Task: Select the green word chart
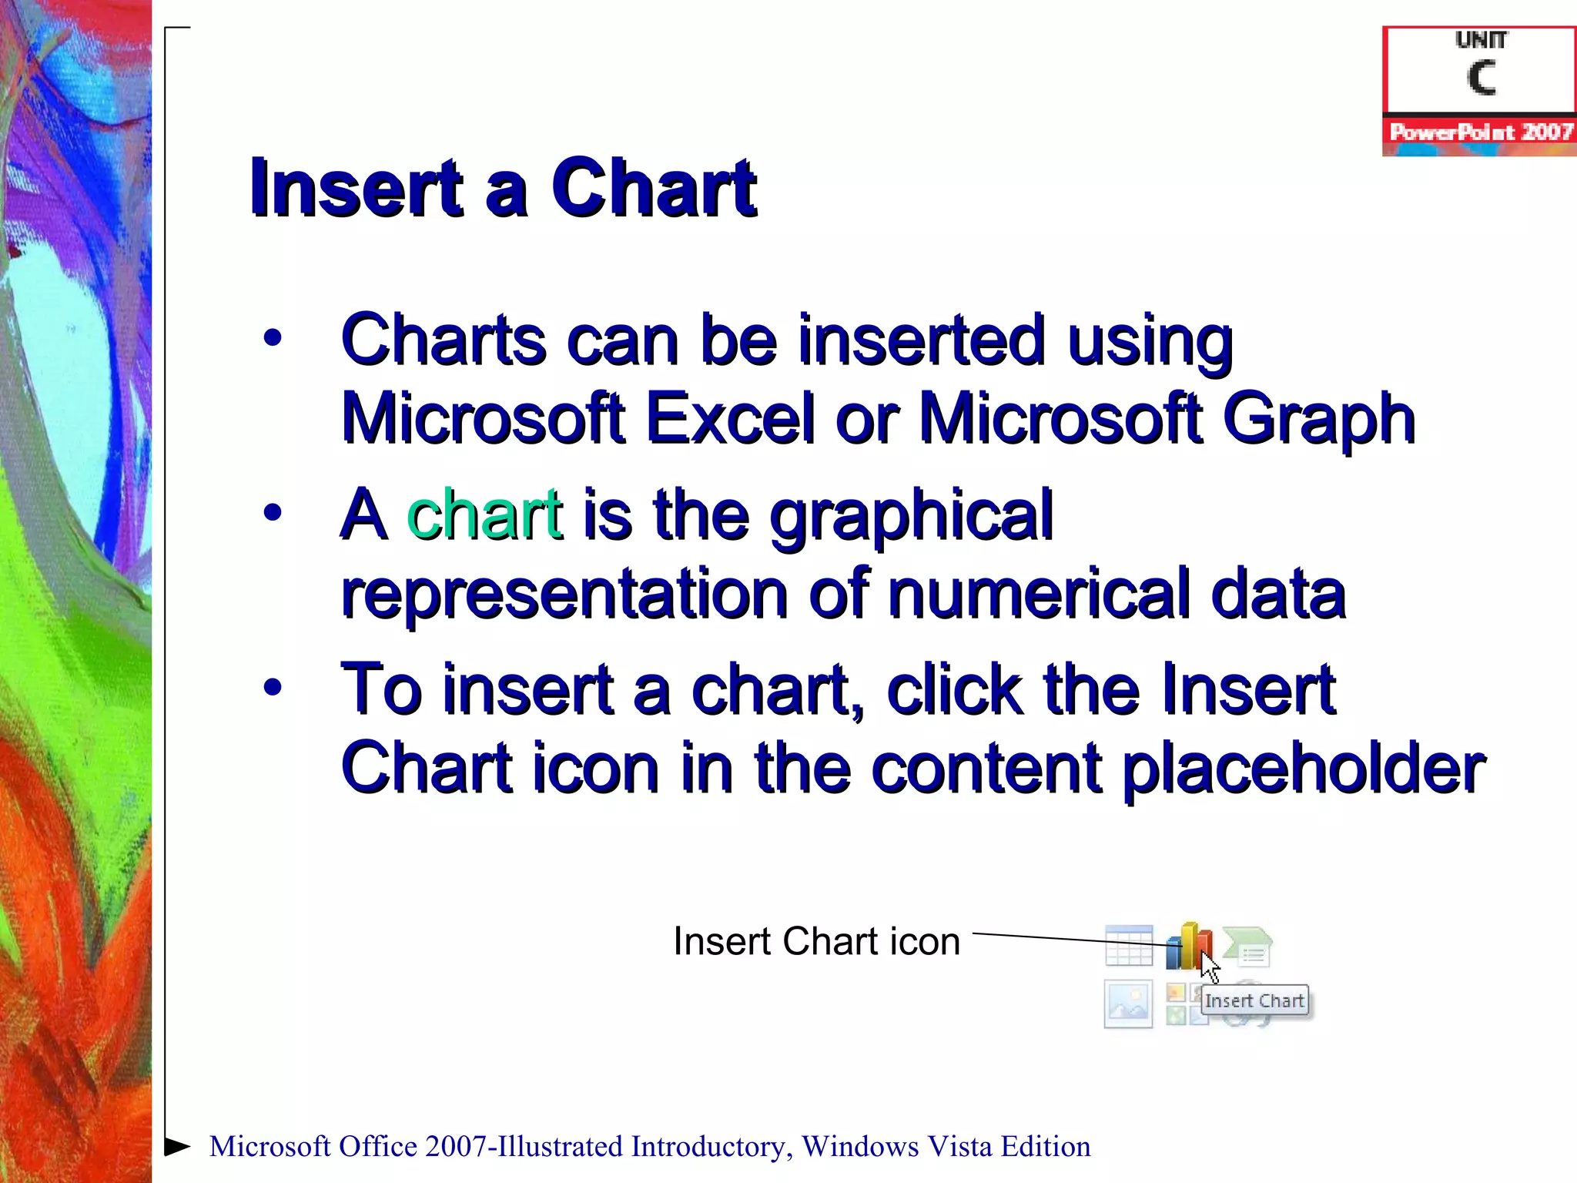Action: (484, 514)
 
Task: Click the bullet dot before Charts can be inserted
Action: (272, 337)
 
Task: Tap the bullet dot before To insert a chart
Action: (272, 686)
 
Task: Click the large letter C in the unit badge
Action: (1480, 78)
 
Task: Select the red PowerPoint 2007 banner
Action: (1479, 132)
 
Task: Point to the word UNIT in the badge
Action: (1480, 40)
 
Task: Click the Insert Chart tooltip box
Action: (1254, 1000)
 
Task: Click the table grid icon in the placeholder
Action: (1129, 945)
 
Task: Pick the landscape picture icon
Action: (1128, 1004)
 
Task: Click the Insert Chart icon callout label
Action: (816, 941)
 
